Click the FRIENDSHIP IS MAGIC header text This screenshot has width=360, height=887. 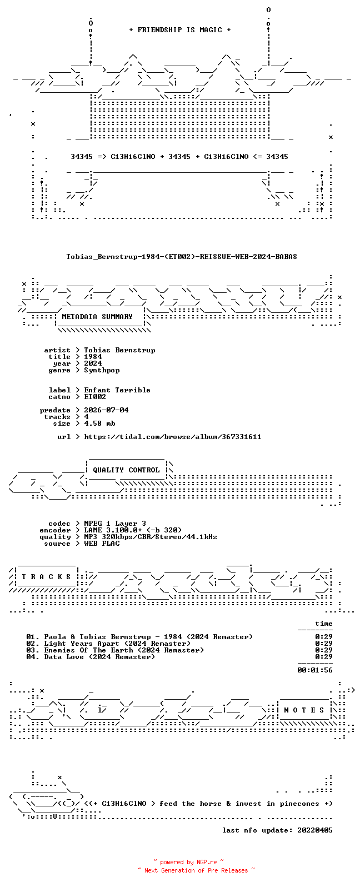(x=180, y=30)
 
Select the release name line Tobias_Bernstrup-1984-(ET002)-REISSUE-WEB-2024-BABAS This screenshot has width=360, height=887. (x=181, y=257)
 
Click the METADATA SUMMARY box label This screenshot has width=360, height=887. (x=97, y=317)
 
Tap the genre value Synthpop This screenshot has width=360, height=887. (x=102, y=370)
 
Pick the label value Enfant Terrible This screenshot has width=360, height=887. (x=117, y=390)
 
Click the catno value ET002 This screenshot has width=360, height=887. (x=95, y=397)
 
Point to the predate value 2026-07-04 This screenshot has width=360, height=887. (x=106, y=410)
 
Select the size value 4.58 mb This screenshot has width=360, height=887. (x=99, y=423)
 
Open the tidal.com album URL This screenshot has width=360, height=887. (x=173, y=437)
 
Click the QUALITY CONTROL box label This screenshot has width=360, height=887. (x=126, y=470)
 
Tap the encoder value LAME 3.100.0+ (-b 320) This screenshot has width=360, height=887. (x=133, y=530)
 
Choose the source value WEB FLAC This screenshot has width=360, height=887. (x=102, y=544)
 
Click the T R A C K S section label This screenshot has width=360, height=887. (x=46, y=577)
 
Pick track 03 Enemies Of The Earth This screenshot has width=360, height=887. (x=115, y=650)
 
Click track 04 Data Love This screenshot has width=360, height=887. (x=91, y=657)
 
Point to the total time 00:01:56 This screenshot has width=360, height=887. (x=315, y=670)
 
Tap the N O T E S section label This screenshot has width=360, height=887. (x=304, y=710)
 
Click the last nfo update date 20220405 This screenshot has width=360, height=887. (x=315, y=830)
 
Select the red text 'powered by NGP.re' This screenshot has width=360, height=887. (x=188, y=862)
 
